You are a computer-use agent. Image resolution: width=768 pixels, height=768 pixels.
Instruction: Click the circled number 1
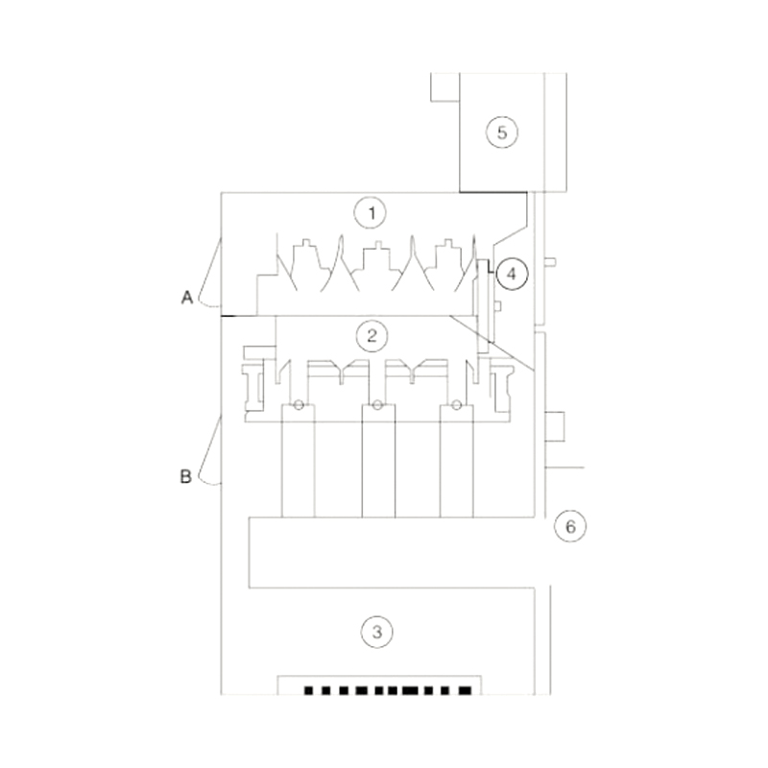pyautogui.click(x=370, y=210)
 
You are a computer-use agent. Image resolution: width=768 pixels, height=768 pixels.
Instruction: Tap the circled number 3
pyautogui.click(x=376, y=632)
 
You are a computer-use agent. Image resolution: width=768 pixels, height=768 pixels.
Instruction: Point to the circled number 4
pyautogui.click(x=512, y=274)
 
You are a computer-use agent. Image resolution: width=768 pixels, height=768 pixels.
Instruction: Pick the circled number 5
pyautogui.click(x=500, y=132)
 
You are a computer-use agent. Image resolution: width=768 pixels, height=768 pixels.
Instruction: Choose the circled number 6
pyautogui.click(x=569, y=526)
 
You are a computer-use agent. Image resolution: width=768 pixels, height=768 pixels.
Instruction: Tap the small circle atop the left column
pyautogui.click(x=299, y=405)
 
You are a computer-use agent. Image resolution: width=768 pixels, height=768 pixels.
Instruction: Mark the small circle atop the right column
pyautogui.click(x=457, y=405)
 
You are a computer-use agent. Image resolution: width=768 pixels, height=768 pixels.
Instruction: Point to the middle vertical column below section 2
pyautogui.click(x=377, y=461)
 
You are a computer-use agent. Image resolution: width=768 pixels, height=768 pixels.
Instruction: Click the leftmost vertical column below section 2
pyautogui.click(x=298, y=461)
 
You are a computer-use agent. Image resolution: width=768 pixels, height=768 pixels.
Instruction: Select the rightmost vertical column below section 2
pyautogui.click(x=457, y=461)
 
